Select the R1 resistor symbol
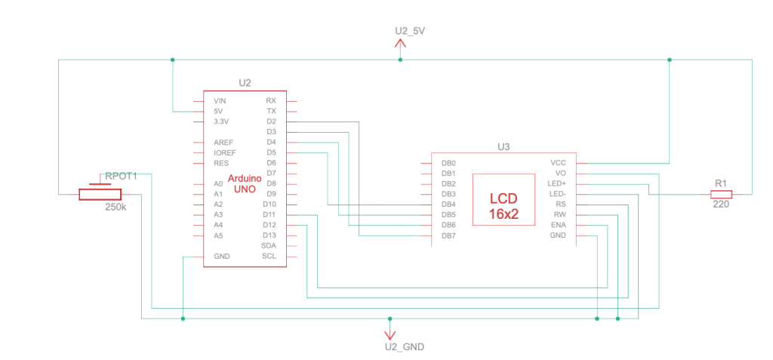[x=720, y=194]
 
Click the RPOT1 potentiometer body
[x=100, y=195]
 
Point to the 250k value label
[x=115, y=207]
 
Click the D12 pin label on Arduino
[x=269, y=225]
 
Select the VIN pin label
[x=220, y=100]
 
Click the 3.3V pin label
[x=221, y=121]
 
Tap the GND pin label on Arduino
[x=221, y=257]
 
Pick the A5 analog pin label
[x=218, y=235]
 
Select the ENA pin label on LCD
[x=558, y=225]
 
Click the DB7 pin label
[x=448, y=235]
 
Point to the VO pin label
[x=560, y=173]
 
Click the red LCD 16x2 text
[x=504, y=205]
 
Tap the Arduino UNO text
[x=245, y=183]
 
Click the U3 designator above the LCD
[x=504, y=147]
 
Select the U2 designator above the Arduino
[x=244, y=83]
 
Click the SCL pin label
[x=269, y=257]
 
